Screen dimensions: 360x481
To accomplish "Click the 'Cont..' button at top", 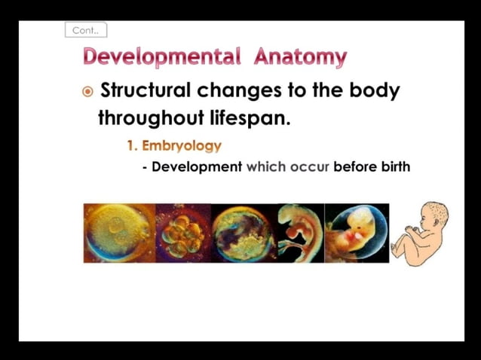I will click(86, 31).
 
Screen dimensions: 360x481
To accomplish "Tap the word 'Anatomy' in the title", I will click(300, 56).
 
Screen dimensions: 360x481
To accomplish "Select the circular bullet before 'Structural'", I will click(88, 92).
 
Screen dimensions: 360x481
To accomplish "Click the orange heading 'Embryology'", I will click(181, 145).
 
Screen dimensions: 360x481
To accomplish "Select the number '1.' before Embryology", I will click(132, 145).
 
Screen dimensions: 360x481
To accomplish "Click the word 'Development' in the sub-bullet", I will click(197, 166).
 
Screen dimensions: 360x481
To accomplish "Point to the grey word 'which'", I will click(266, 166).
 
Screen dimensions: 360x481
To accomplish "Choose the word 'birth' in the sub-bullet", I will click(392, 166).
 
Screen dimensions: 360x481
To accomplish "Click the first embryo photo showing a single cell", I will click(119, 233).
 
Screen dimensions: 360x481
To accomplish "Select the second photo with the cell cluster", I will click(183, 233).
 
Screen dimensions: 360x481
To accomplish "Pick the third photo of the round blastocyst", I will click(243, 233).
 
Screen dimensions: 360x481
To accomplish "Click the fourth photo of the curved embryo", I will click(299, 233).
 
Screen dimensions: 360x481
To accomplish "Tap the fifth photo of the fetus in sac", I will click(357, 233).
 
